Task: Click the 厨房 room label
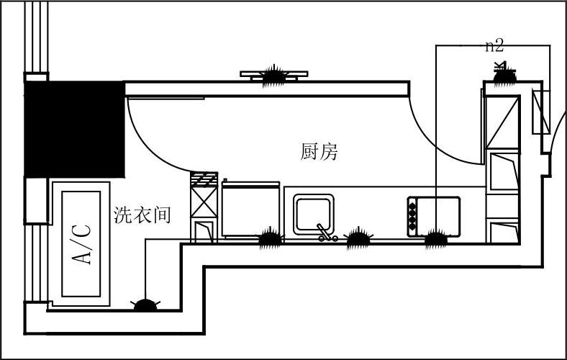click(319, 152)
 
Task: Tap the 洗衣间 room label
click(142, 214)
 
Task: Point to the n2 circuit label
click(494, 46)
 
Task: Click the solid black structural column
click(75, 128)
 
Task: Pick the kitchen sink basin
click(312, 212)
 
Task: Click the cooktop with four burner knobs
click(434, 215)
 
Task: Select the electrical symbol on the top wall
click(273, 74)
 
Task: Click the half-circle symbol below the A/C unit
click(147, 305)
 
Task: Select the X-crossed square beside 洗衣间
click(203, 202)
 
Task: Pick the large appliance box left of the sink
click(250, 209)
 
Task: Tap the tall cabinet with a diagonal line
click(502, 120)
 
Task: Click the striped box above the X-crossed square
click(203, 178)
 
